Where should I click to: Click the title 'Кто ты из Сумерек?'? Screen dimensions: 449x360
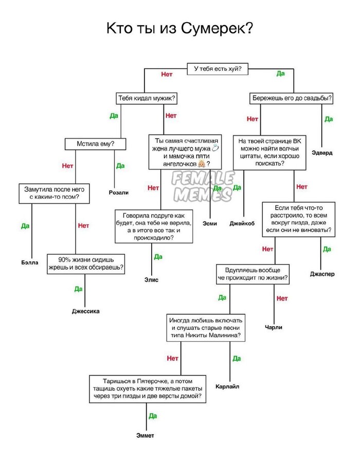coord(179,28)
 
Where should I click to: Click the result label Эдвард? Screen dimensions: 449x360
coord(322,153)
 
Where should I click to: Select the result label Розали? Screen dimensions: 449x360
coord(119,193)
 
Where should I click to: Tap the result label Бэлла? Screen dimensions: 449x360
coord(30,263)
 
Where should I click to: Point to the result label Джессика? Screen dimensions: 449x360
coord(85,311)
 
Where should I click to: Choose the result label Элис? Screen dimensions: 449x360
coord(151,280)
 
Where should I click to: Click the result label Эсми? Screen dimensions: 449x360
coord(210,223)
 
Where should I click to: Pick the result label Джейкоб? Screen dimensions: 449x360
coord(242,223)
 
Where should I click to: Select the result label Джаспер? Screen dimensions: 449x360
coord(322,274)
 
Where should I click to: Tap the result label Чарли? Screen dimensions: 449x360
coord(274,327)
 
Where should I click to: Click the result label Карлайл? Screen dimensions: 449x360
coord(227,386)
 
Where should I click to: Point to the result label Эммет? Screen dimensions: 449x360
coord(145,436)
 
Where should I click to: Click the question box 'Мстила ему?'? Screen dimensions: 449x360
coord(96,144)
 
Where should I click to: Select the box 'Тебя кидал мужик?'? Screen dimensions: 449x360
coord(147,98)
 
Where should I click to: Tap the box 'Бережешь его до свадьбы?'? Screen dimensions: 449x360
coord(292,98)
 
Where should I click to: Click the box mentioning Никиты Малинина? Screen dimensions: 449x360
coord(206,327)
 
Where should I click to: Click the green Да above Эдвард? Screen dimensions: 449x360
coord(329,119)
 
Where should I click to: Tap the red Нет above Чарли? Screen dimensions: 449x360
coord(282,298)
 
